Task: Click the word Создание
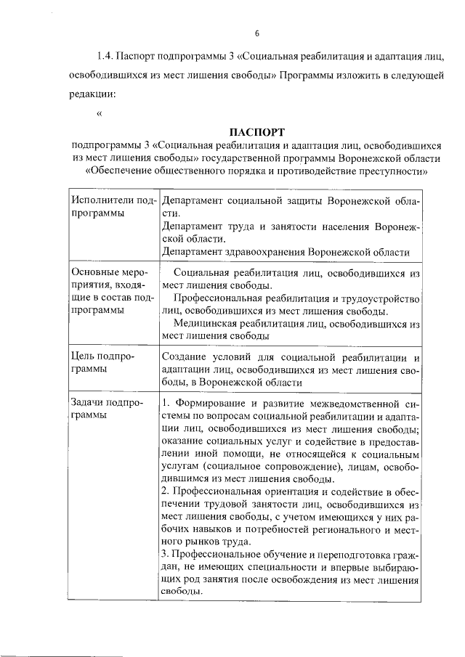[188, 356]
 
